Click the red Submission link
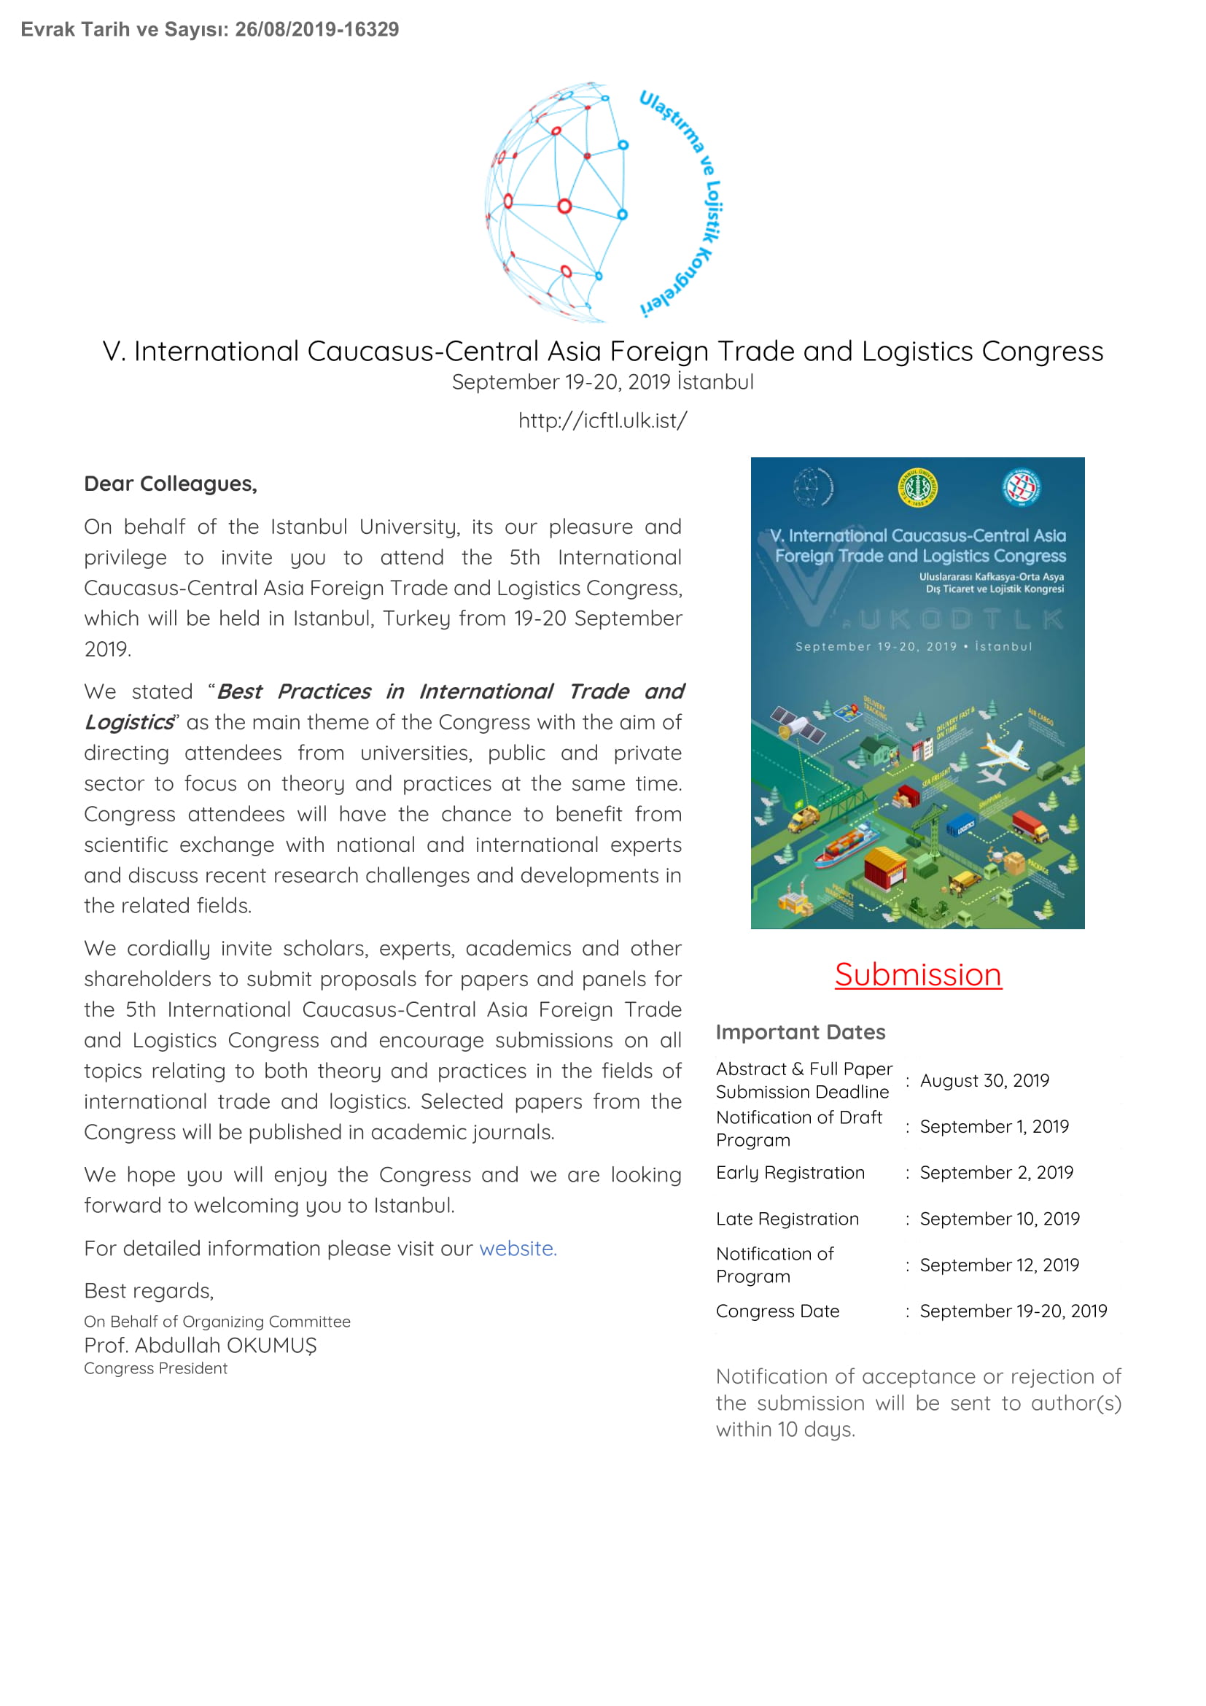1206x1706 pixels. (918, 975)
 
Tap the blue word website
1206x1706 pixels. (517, 1248)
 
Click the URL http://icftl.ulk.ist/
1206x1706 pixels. (602, 421)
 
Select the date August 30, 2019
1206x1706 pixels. (984, 1080)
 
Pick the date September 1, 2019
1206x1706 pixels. (994, 1126)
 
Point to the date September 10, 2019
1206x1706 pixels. (999, 1219)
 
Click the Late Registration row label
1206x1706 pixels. (787, 1219)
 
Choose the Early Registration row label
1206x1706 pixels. (790, 1173)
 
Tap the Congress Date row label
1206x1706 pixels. (777, 1311)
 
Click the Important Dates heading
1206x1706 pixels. (801, 1032)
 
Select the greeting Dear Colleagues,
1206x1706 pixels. (171, 484)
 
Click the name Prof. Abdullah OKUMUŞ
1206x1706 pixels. (201, 1345)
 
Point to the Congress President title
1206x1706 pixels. (156, 1368)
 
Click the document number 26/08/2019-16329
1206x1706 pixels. (317, 30)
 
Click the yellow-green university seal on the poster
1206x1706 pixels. (917, 488)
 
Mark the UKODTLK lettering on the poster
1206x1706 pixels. (962, 619)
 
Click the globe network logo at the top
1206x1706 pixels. (557, 203)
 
